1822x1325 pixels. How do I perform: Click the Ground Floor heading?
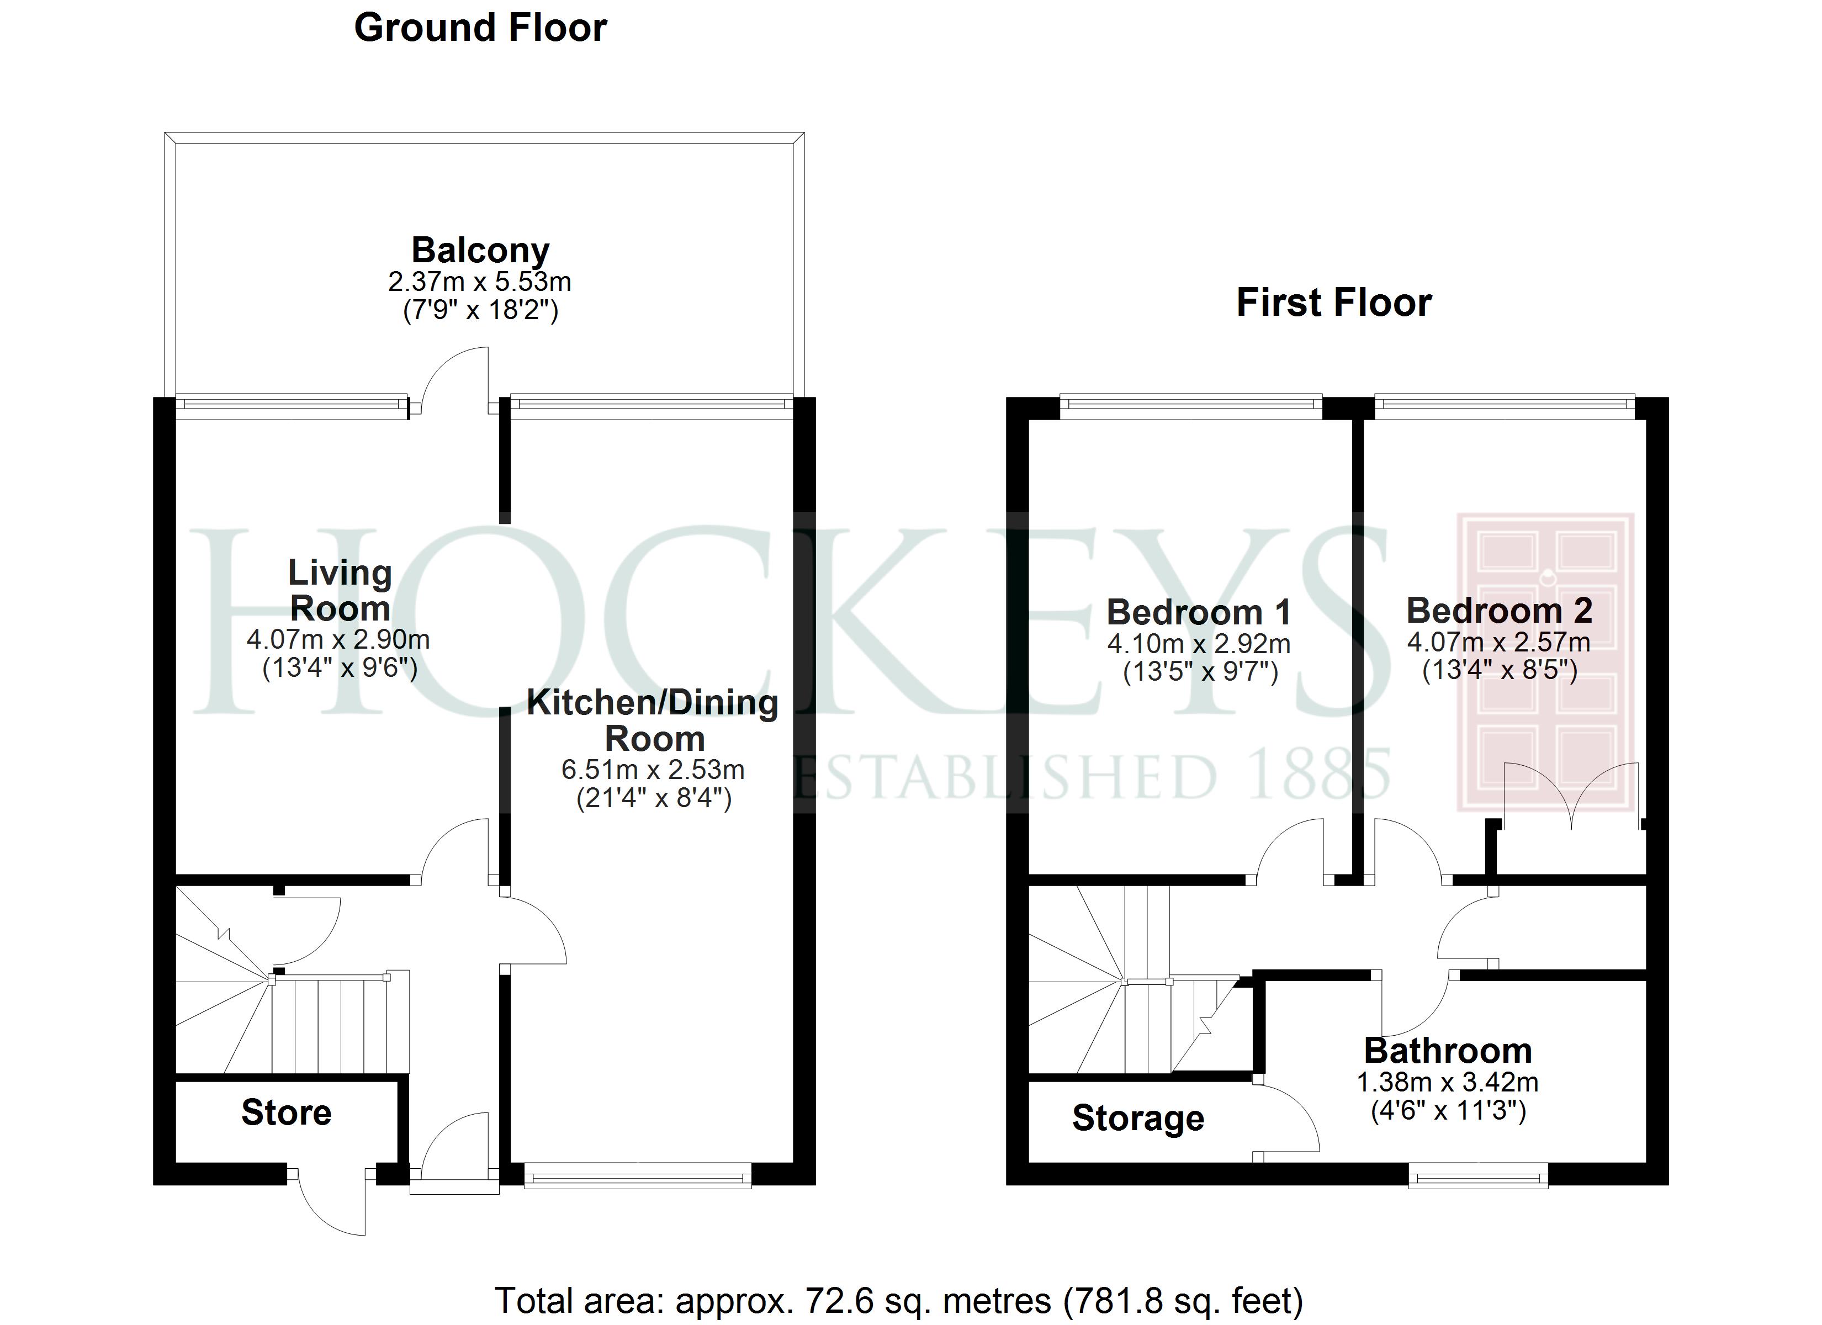tap(480, 29)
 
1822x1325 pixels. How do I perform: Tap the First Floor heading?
tap(1333, 303)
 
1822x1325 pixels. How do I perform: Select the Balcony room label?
tap(480, 250)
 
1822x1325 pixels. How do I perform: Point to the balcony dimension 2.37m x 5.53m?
tap(480, 282)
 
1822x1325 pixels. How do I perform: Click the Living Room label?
tap(340, 591)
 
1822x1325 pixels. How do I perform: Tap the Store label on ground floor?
tap(286, 1113)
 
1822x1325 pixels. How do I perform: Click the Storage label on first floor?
tap(1137, 1119)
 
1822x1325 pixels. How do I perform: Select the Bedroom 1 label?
tap(1199, 612)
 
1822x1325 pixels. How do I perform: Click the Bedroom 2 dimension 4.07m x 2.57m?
tap(1499, 642)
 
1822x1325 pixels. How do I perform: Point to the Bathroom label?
tap(1448, 1051)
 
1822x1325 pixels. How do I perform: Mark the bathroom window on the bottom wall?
tap(1478, 1179)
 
